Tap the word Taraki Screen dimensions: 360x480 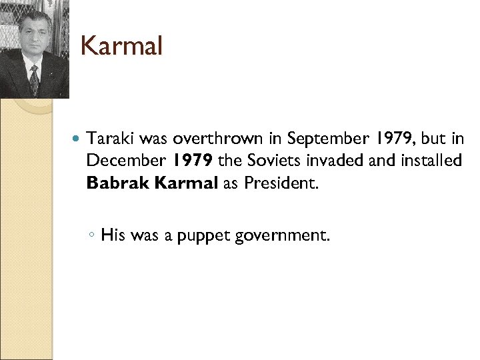coord(110,139)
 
